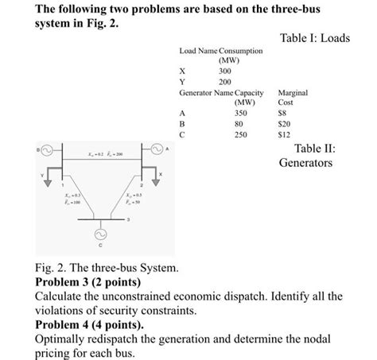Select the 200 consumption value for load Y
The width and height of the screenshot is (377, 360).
click(225, 81)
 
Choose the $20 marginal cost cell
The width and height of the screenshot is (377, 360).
click(283, 124)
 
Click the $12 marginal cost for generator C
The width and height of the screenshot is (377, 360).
click(283, 135)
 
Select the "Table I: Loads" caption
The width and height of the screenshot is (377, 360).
click(314, 37)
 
